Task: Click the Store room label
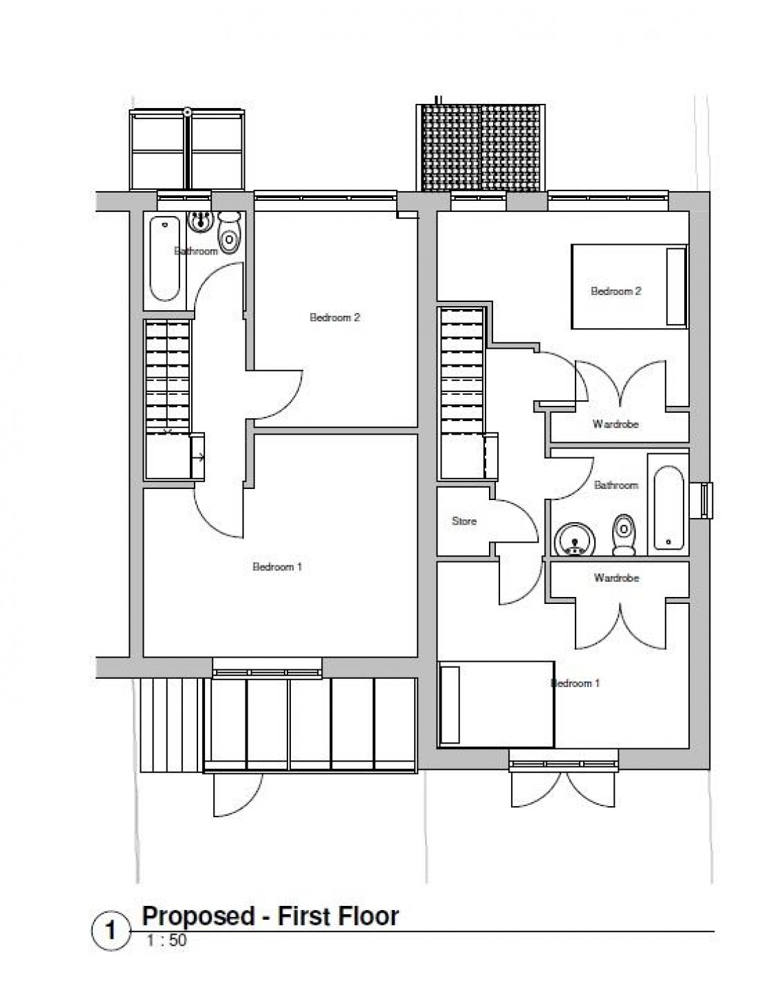pyautogui.click(x=464, y=521)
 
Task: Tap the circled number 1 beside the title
pyautogui.click(x=109, y=931)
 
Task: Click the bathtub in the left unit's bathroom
pyautogui.click(x=165, y=258)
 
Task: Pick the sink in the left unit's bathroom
pyautogui.click(x=201, y=221)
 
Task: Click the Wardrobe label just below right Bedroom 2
pyautogui.click(x=616, y=424)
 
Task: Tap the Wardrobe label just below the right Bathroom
pyautogui.click(x=616, y=578)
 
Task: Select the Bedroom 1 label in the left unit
pyautogui.click(x=277, y=567)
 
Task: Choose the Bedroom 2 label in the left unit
pyautogui.click(x=335, y=318)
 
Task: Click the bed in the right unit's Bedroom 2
pyautogui.click(x=629, y=286)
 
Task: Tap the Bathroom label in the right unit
pyautogui.click(x=616, y=486)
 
